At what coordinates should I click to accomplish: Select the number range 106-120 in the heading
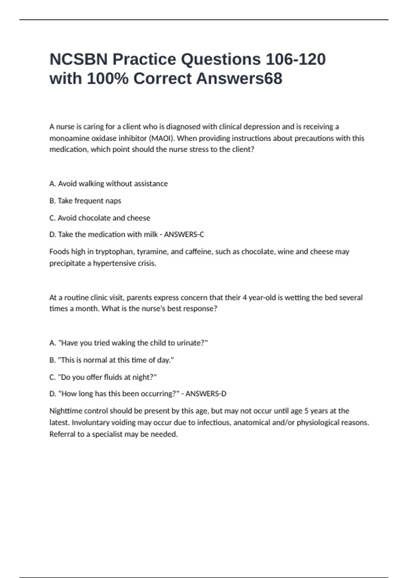(295, 60)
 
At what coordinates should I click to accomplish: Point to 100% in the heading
(108, 79)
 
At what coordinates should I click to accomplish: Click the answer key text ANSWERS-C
(184, 235)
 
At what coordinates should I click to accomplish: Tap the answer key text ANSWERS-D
(206, 394)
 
